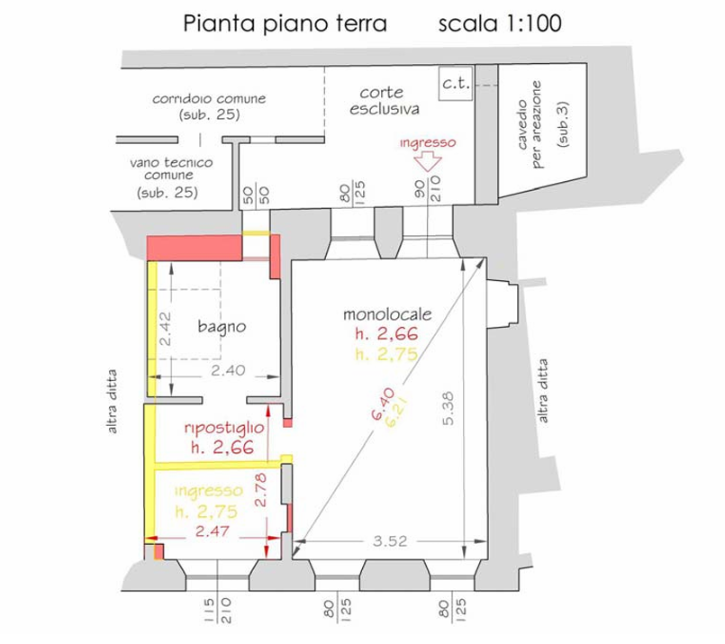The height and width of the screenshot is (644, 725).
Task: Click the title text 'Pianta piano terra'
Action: (x=285, y=23)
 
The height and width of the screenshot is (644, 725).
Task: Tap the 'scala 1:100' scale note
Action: (x=499, y=23)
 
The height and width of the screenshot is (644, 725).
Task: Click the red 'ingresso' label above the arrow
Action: (x=429, y=142)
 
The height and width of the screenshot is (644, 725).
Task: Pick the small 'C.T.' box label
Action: (x=452, y=86)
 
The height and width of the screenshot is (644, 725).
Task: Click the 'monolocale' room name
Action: (x=389, y=315)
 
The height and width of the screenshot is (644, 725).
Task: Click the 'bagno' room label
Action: (x=221, y=327)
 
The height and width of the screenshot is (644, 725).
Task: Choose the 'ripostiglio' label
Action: (x=223, y=427)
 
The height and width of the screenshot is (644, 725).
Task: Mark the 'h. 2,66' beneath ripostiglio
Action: (x=222, y=446)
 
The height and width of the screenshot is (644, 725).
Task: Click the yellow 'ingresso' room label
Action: (x=208, y=491)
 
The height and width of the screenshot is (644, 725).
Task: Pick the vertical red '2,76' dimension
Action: (x=261, y=489)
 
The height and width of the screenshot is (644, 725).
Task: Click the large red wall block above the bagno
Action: (x=193, y=247)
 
